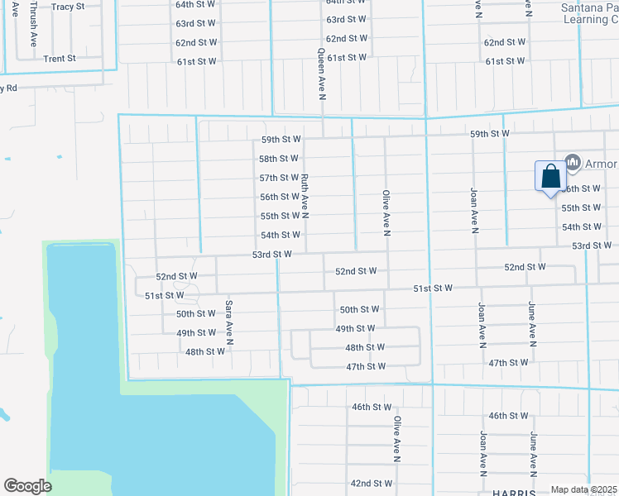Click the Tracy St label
click(68, 7)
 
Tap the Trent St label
click(60, 59)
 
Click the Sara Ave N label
click(229, 322)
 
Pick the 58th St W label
click(278, 159)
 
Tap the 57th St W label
click(278, 178)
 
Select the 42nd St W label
click(371, 483)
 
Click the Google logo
click(28, 486)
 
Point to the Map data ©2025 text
click(583, 489)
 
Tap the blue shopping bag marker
click(550, 177)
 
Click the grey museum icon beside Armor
click(571, 162)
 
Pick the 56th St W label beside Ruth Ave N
click(279, 197)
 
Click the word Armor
click(602, 164)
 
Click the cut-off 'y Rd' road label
click(9, 88)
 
